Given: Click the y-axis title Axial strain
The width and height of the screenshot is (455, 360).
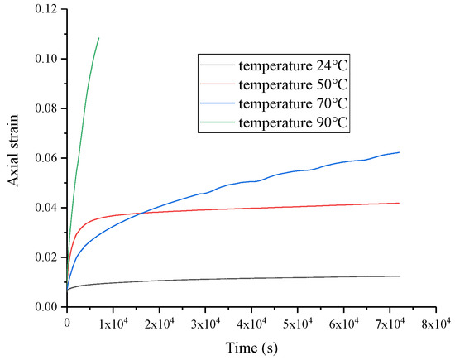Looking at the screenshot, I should click(x=15, y=158).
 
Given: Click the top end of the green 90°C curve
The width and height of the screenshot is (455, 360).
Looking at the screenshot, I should click(x=98, y=38).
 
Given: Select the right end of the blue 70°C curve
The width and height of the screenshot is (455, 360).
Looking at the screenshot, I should click(x=400, y=152).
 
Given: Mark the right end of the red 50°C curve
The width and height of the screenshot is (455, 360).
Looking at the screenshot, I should click(x=400, y=203).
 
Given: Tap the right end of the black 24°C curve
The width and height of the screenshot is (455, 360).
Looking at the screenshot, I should click(x=400, y=276).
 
